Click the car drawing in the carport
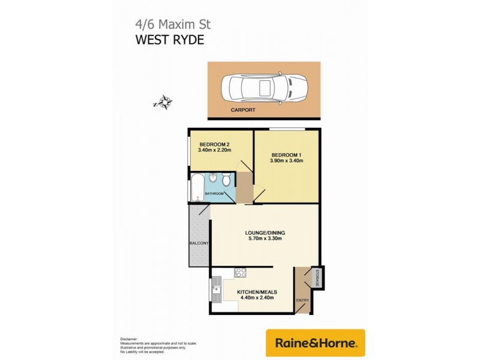coord(264,90)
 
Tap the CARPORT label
coord(243,110)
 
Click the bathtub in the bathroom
coord(197,186)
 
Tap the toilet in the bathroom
coord(226,180)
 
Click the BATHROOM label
coord(215,194)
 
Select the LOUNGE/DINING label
coord(265,232)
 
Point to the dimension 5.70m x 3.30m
coord(265,239)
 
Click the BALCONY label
coord(199,243)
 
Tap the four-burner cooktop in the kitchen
coord(241,273)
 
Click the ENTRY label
coord(302,301)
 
